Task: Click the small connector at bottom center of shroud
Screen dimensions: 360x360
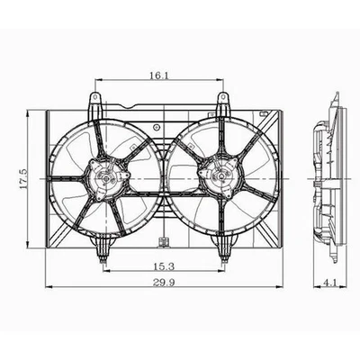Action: pos(162,242)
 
